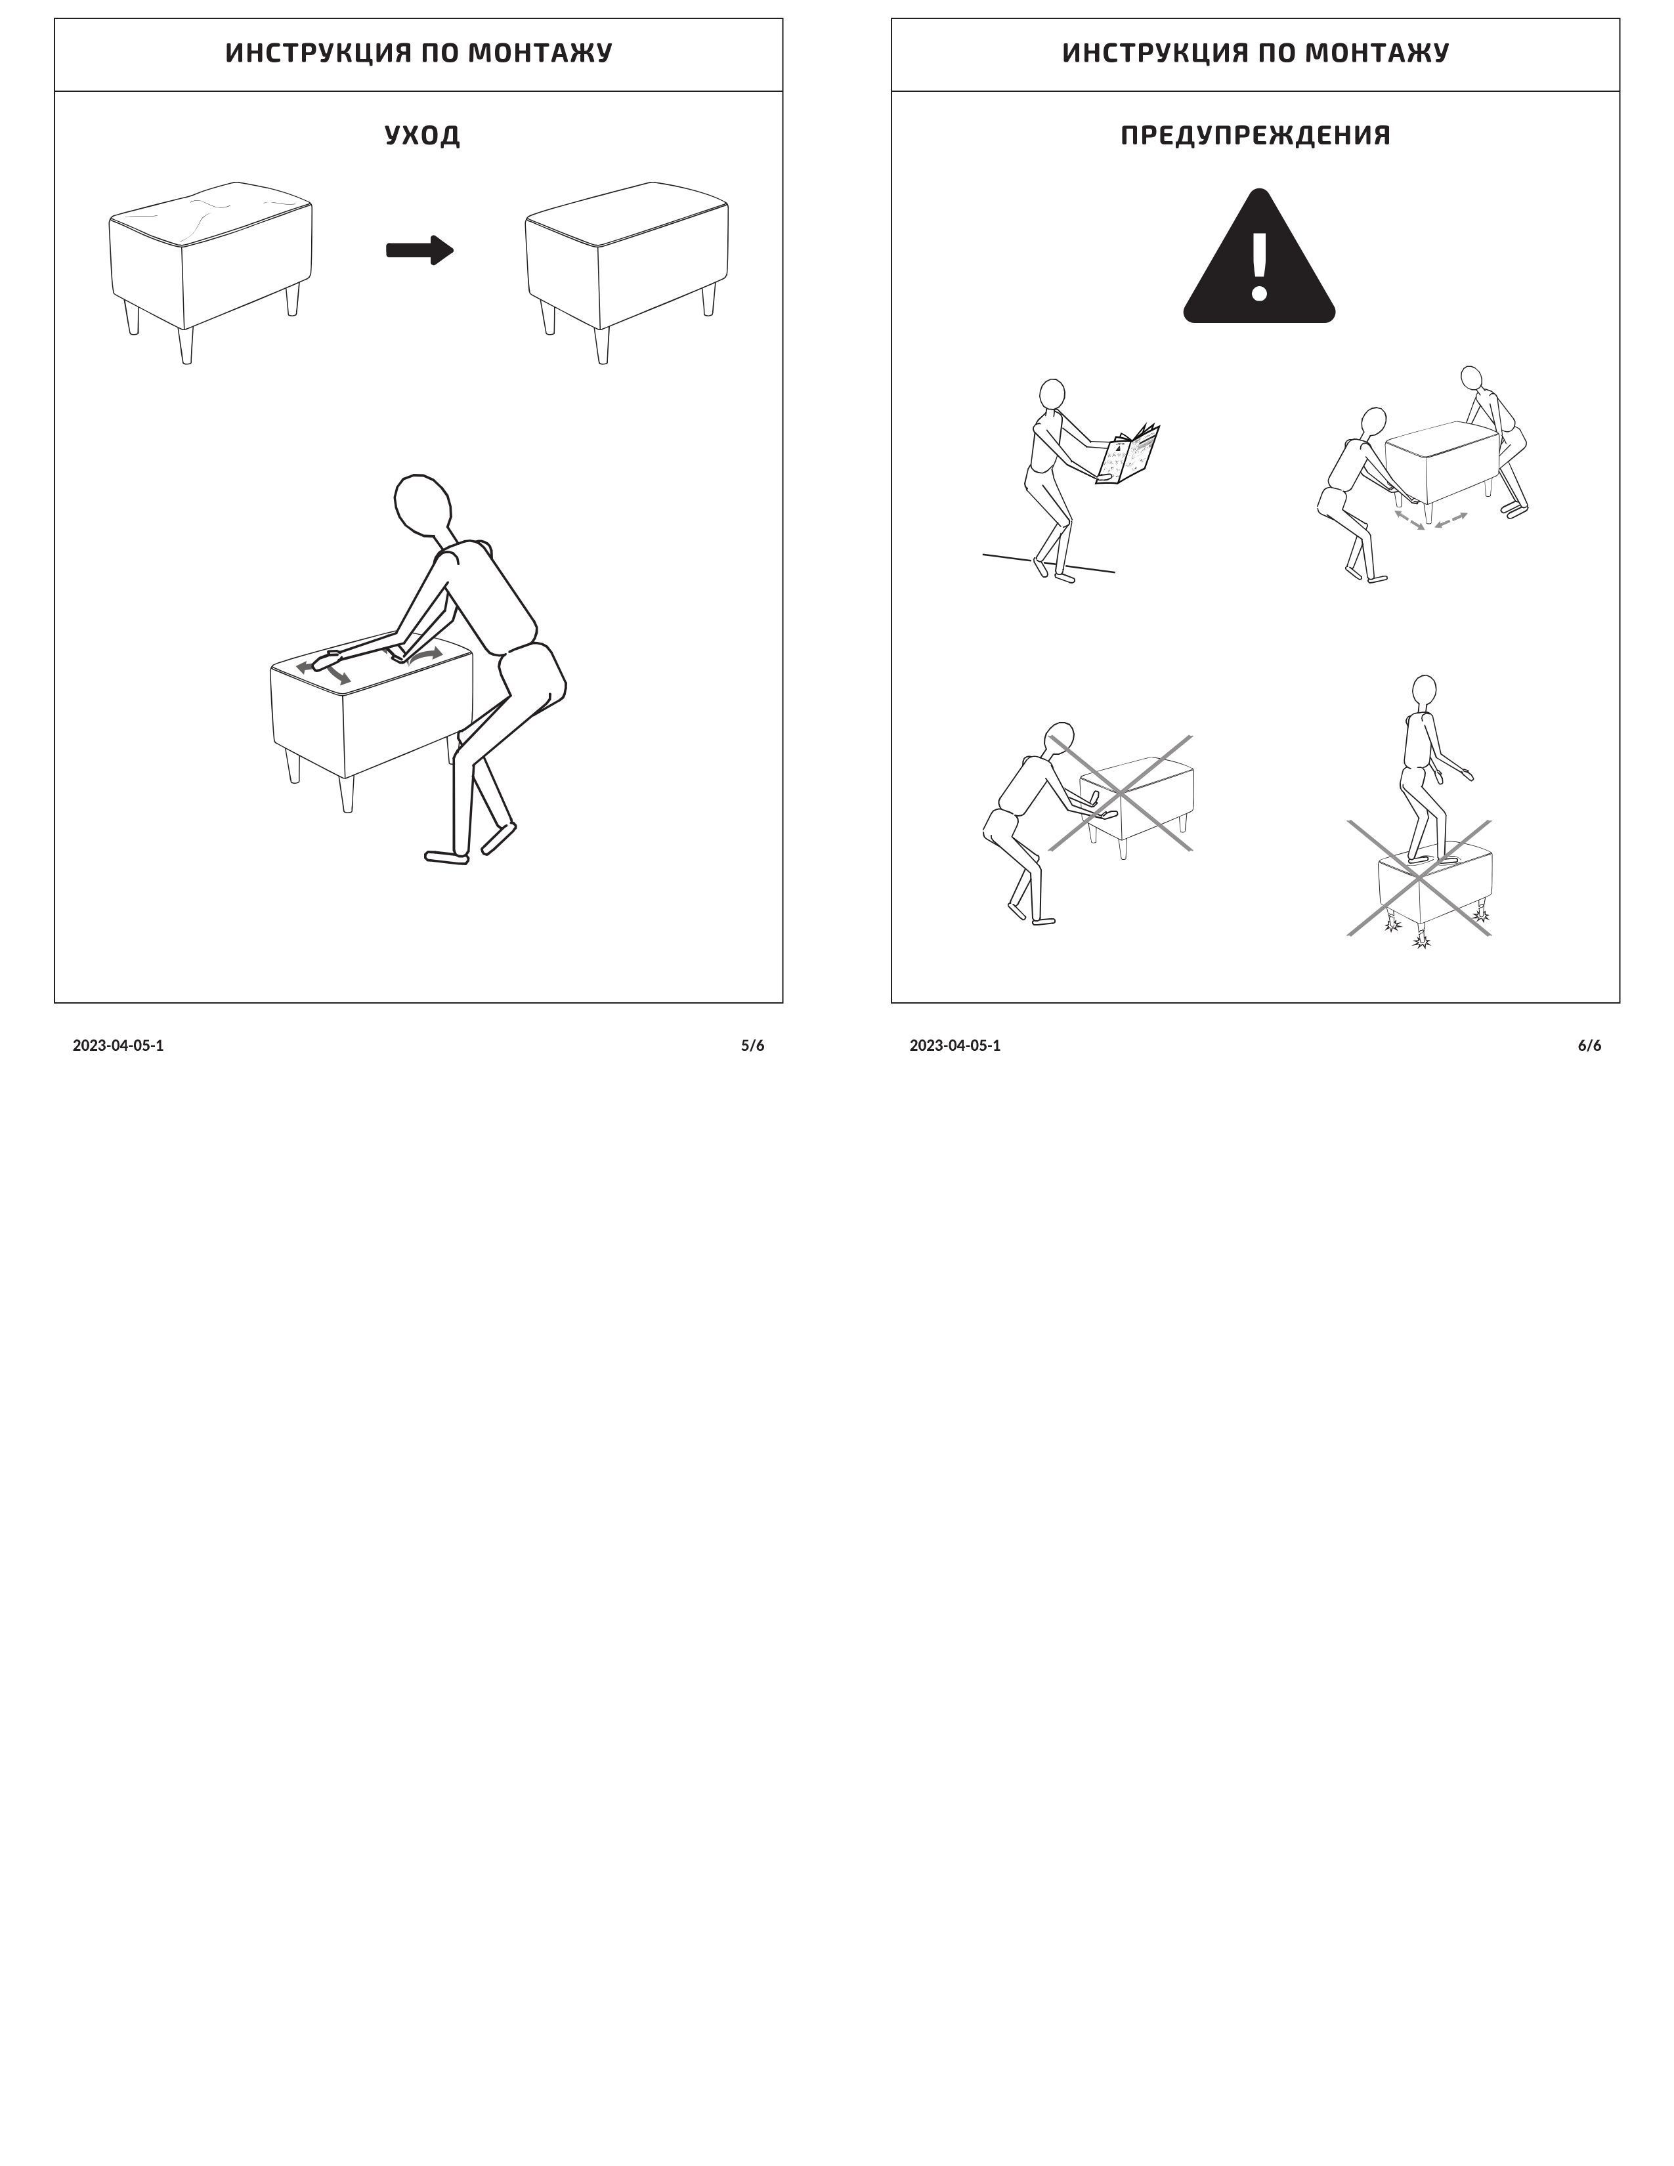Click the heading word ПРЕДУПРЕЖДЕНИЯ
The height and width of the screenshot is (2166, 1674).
click(1255, 135)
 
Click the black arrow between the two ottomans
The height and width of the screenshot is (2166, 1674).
click(419, 250)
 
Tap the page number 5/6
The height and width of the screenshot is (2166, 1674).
click(753, 1046)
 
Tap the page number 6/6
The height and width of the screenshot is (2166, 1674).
click(1590, 1046)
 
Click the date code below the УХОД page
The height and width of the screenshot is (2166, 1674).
click(118, 1046)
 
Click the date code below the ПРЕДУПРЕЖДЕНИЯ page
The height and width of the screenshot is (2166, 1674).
click(955, 1046)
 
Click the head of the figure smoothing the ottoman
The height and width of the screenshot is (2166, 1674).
click(423, 505)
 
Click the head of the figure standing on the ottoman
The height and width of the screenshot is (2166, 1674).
click(1424, 690)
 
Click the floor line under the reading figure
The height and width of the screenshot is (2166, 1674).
click(1048, 563)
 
